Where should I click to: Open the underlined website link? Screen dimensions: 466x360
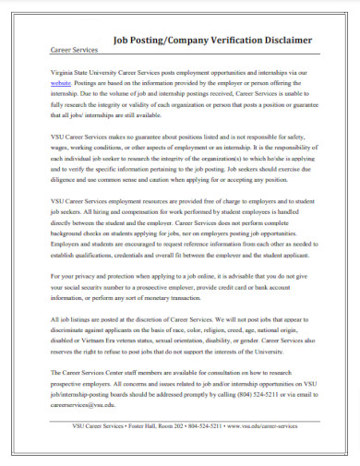(61, 82)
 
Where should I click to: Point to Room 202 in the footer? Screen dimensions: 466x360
(192, 425)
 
